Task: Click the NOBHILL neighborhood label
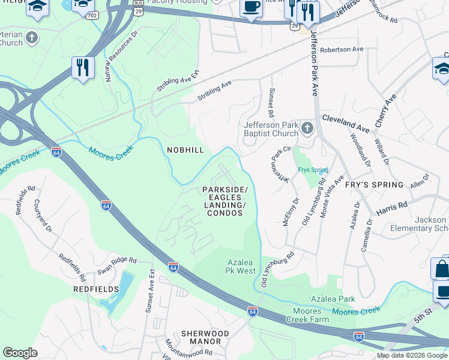point(185,149)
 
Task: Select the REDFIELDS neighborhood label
point(92,289)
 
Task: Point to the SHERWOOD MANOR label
point(205,337)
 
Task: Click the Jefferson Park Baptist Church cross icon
point(307,128)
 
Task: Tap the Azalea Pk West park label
point(241,266)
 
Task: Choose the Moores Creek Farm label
point(312,316)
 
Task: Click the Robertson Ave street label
point(342,49)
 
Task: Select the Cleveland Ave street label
point(346,124)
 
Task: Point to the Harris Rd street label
point(392,208)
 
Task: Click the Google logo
point(20,353)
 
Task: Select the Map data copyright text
point(412,356)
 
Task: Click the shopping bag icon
point(441,269)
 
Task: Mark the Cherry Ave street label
point(386,110)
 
